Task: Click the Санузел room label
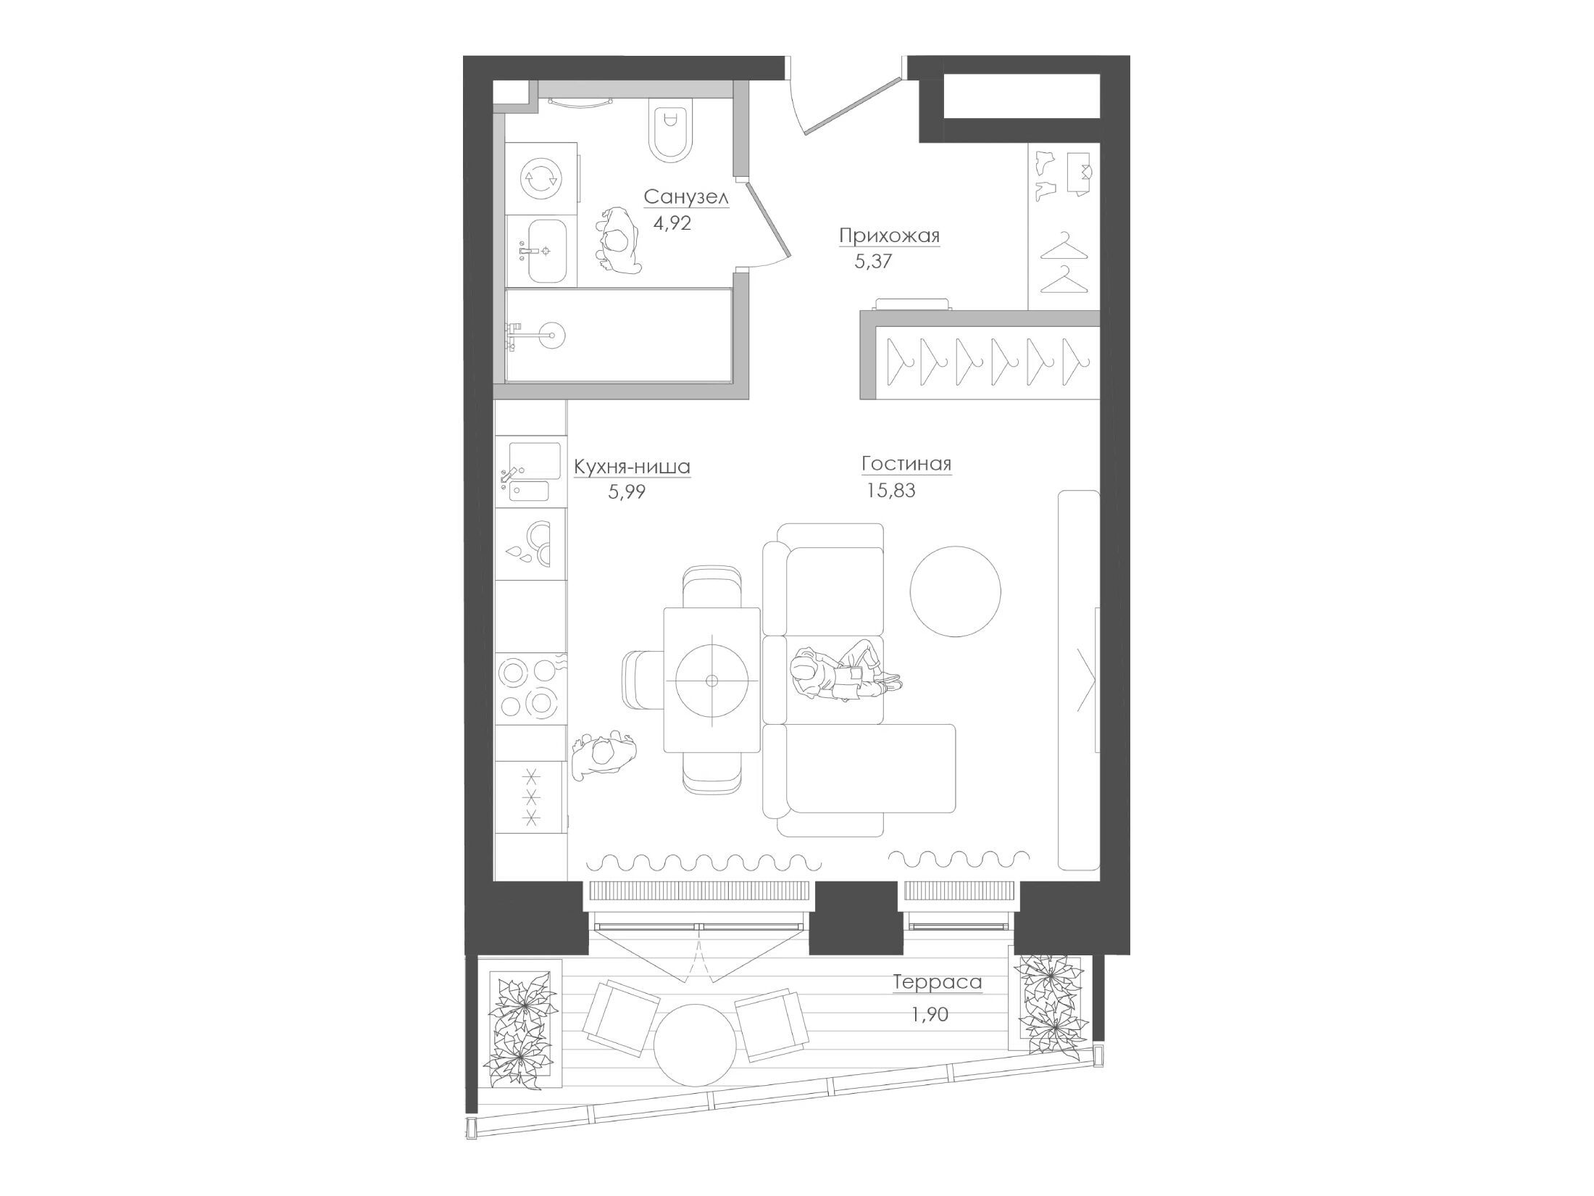click(685, 197)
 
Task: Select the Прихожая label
click(889, 236)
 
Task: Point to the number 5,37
click(873, 262)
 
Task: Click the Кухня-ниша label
click(632, 468)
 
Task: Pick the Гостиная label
click(906, 464)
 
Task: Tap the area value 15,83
click(891, 491)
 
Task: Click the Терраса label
click(938, 982)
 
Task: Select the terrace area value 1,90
click(930, 1015)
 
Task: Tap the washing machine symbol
click(542, 178)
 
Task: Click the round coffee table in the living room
click(956, 591)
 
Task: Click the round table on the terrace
click(696, 1044)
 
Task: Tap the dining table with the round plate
click(712, 680)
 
